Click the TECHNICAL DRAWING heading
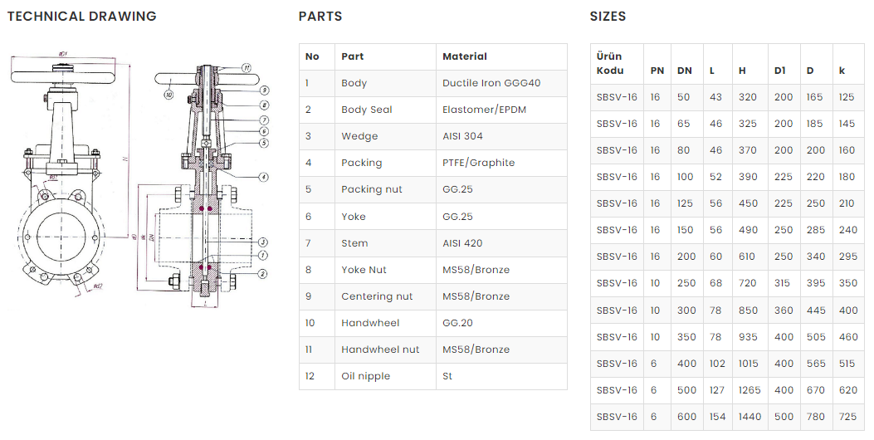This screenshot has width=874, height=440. pos(81,16)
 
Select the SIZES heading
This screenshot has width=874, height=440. pos(608,16)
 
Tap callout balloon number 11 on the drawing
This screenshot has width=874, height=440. pos(247,67)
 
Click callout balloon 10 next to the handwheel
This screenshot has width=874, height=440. pos(168,95)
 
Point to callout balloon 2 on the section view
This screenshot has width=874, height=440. pos(262,273)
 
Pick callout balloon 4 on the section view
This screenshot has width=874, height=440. pos(262,177)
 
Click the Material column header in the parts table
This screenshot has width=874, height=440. pos(464,56)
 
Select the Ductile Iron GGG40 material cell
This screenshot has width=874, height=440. pos(491,83)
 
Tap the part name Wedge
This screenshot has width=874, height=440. pos(359,136)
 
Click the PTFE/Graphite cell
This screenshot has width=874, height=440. pos(478,163)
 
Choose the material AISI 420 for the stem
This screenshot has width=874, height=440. pos(462,243)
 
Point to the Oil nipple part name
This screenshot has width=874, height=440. pos(365,376)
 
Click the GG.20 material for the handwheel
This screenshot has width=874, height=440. pos(457,323)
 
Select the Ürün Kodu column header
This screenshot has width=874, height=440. pos(609,63)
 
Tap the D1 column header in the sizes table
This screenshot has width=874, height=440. pos(779,71)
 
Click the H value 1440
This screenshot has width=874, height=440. pos(749,417)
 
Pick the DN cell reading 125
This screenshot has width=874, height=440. pos(686,203)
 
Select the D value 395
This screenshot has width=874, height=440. pos(815,283)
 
